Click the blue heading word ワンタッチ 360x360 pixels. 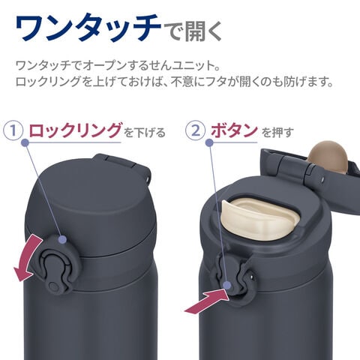88,27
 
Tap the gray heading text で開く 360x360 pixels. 192,31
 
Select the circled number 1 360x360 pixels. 13,130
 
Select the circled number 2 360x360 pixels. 196,130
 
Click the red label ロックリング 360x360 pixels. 76,130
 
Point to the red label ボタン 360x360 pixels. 234,130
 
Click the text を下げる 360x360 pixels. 145,132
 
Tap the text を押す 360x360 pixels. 277,132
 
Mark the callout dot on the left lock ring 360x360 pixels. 62,239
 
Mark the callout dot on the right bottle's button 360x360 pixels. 227,285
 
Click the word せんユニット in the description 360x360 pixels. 187,66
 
